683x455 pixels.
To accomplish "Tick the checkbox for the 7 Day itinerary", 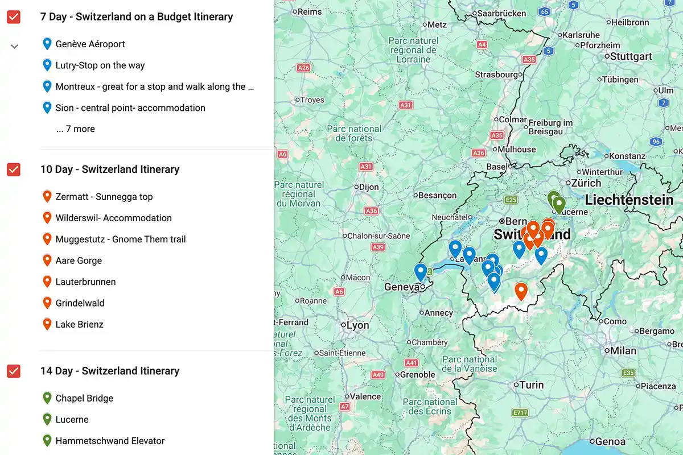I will click(14, 17).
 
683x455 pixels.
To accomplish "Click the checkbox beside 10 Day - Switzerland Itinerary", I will click(14, 169).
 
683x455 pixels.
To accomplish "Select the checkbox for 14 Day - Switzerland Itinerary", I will click(14, 371).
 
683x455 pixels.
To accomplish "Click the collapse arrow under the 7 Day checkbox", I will click(15, 46).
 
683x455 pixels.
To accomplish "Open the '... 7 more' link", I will click(76, 129).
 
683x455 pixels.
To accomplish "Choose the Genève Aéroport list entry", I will click(90, 44).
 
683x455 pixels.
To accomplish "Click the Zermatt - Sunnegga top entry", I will click(104, 197).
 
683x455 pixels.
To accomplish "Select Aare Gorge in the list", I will click(79, 260).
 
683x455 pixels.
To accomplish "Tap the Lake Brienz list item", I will click(79, 325).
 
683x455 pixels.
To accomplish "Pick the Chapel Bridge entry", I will click(84, 398).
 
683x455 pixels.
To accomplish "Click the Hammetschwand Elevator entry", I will click(110, 441).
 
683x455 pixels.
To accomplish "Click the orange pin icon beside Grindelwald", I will click(47, 303).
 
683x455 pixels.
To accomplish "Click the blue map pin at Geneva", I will click(421, 272).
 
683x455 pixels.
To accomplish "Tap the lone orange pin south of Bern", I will click(521, 291).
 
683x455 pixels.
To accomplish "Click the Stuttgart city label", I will click(631, 56).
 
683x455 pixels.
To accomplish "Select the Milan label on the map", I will click(623, 351).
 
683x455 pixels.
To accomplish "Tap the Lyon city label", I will click(357, 325).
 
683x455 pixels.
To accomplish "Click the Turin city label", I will click(532, 385).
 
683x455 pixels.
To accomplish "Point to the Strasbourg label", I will click(496, 75).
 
